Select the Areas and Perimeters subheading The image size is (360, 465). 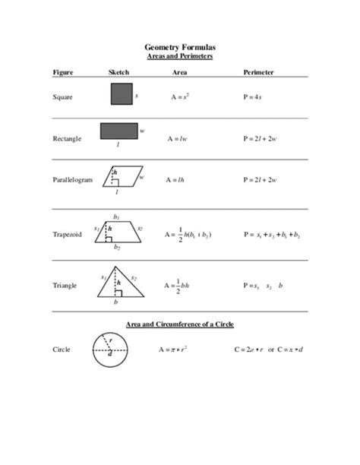(x=179, y=56)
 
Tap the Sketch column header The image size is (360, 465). (x=120, y=72)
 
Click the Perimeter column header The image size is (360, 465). (x=258, y=72)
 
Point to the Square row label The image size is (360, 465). (x=62, y=97)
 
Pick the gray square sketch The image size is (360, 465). (x=122, y=95)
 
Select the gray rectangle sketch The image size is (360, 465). (x=119, y=131)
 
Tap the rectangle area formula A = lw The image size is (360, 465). (x=176, y=139)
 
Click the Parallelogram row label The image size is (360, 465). (x=72, y=180)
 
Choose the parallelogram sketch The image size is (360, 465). (x=120, y=176)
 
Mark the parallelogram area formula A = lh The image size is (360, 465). (x=175, y=180)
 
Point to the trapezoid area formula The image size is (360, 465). (x=188, y=235)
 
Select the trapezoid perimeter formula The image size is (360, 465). (x=272, y=235)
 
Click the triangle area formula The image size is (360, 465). (x=182, y=286)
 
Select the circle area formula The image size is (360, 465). (x=174, y=350)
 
